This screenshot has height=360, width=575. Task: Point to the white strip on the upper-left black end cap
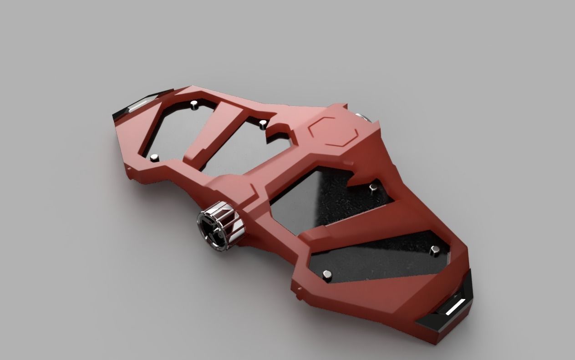click(x=137, y=106)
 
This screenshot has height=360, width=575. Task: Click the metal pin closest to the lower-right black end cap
click(x=435, y=249)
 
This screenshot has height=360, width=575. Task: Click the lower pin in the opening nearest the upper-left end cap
click(x=155, y=157)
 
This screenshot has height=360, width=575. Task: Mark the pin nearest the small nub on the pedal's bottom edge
click(x=327, y=274)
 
